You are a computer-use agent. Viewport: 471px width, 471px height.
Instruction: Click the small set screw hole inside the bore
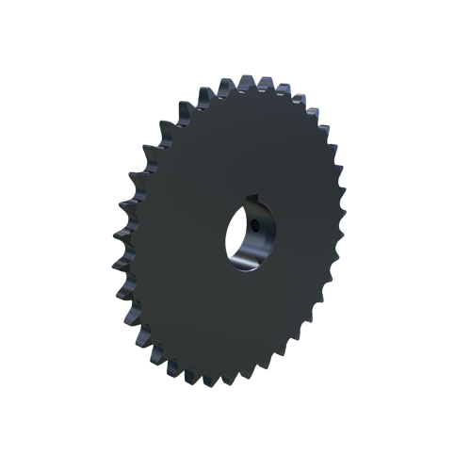256,225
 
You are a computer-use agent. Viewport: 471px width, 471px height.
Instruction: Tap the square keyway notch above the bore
252,199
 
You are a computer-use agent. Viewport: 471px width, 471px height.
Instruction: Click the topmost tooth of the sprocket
255,82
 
